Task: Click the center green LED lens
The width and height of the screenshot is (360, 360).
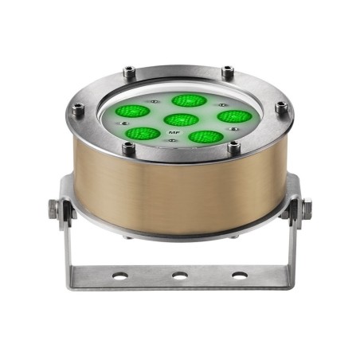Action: (x=182, y=119)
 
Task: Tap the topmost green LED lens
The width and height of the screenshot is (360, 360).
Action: (x=189, y=100)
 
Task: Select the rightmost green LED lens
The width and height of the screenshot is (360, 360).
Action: (x=234, y=116)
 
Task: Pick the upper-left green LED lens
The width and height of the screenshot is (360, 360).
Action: (x=132, y=111)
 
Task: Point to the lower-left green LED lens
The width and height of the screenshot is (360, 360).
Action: (x=143, y=134)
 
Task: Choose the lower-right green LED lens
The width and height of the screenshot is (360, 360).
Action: (x=206, y=136)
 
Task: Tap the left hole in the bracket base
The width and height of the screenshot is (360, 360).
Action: (x=120, y=276)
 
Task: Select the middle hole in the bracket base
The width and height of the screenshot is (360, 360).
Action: (x=180, y=276)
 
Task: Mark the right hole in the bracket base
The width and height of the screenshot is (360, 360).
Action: (x=240, y=276)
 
